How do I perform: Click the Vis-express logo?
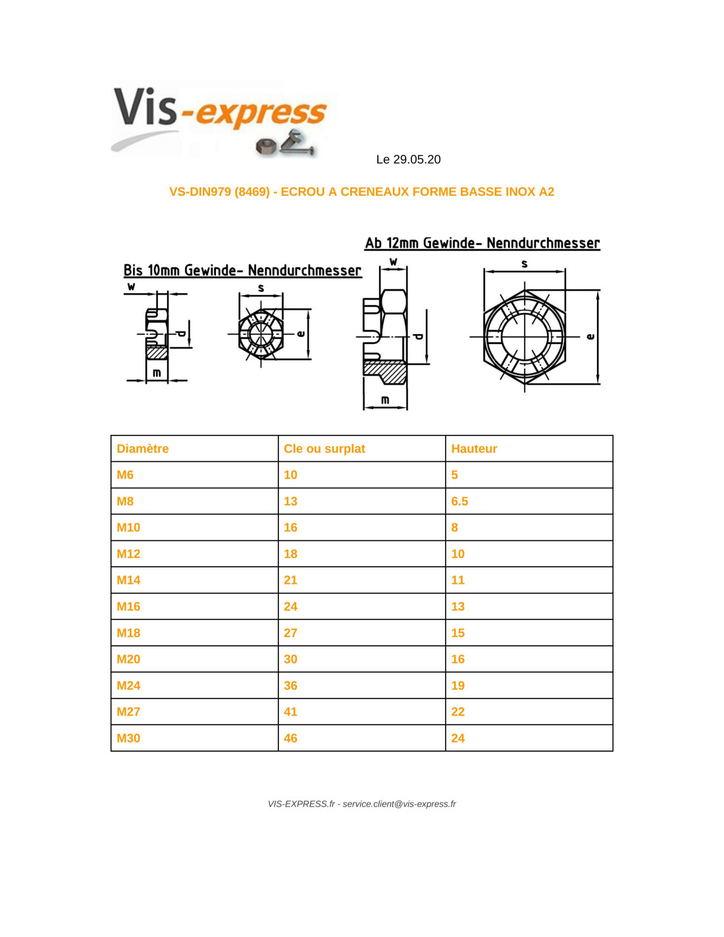tap(220, 119)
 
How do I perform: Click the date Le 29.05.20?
tap(408, 159)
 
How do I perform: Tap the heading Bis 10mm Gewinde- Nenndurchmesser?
tap(242, 270)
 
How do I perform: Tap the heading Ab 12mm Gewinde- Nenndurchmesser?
tap(482, 243)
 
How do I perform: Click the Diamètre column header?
tap(143, 449)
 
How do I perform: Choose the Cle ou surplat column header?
tap(324, 449)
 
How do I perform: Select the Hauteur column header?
tap(474, 449)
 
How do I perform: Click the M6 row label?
tap(125, 475)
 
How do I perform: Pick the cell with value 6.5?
tap(459, 501)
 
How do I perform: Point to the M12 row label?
tap(128, 554)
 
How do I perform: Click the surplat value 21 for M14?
tap(290, 581)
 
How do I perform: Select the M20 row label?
tap(128, 660)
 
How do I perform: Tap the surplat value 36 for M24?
tap(290, 686)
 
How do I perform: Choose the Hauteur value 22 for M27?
tap(458, 712)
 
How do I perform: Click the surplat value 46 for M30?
tap(290, 739)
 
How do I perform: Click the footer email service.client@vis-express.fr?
tap(399, 804)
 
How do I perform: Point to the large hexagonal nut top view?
tap(524, 337)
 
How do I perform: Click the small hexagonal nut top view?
tap(261, 333)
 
